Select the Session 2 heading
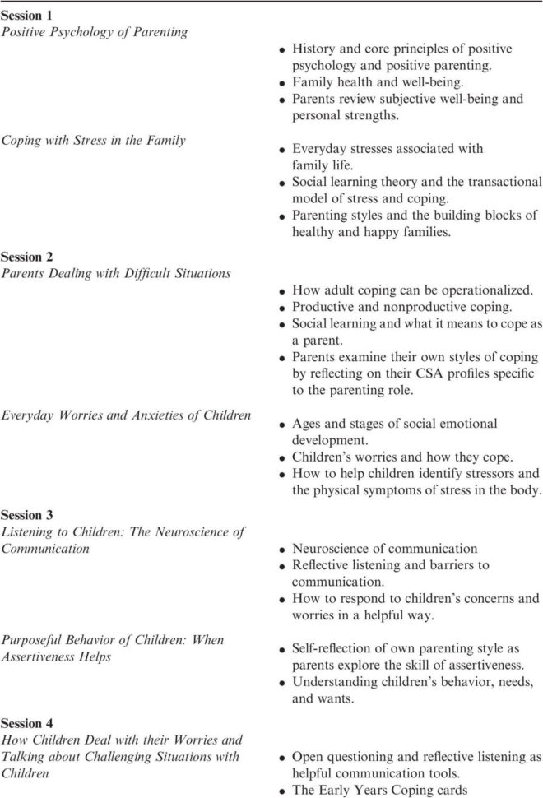27,257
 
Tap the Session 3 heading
27,515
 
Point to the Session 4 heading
27,723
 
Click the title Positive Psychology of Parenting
94,32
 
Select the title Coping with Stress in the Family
92,140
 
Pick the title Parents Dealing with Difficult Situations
115,273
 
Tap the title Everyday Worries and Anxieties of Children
126,415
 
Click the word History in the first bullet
314,52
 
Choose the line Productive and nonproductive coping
401,307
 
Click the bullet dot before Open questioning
282,759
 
